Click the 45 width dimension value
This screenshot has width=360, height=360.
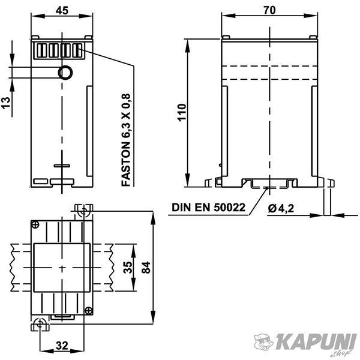[62, 10]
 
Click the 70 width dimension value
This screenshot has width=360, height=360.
[269, 10]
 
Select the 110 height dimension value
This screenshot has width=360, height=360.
[182, 113]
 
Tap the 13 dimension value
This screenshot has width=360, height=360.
[6, 103]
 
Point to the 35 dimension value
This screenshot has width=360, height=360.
[128, 268]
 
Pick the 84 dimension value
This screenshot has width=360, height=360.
[146, 268]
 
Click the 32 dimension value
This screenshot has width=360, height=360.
[62, 346]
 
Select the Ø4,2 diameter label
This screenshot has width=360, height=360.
[281, 208]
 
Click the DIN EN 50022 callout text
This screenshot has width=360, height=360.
[208, 208]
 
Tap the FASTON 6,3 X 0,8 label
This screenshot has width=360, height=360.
[126, 140]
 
